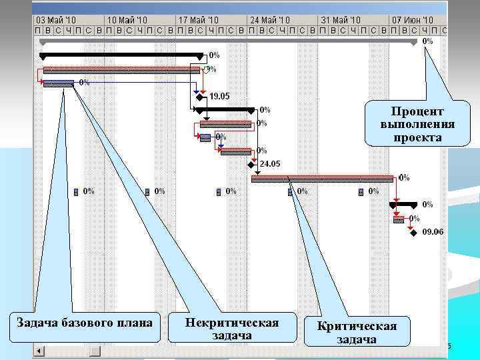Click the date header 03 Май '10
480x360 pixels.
pyautogui.click(x=56, y=21)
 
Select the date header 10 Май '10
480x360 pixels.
pyautogui.click(x=127, y=21)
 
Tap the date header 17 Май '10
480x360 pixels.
pyautogui.click(x=199, y=21)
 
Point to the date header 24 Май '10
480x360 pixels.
pyautogui.click(x=270, y=21)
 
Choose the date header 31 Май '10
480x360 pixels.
pyautogui.click(x=341, y=21)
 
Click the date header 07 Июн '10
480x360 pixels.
pyautogui.click(x=412, y=21)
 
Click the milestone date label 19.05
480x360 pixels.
pyautogui.click(x=219, y=96)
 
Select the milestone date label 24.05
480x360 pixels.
pyautogui.click(x=270, y=164)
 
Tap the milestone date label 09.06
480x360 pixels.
pyautogui.click(x=433, y=232)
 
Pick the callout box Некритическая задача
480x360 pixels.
pyautogui.click(x=231, y=327)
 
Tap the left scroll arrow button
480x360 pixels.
pyautogui.click(x=39, y=351)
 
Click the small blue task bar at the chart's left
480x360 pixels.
pyautogui.click(x=59, y=83)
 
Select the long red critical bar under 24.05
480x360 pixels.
pyautogui.click(x=323, y=178)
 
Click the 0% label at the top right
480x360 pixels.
pyautogui.click(x=427, y=41)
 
